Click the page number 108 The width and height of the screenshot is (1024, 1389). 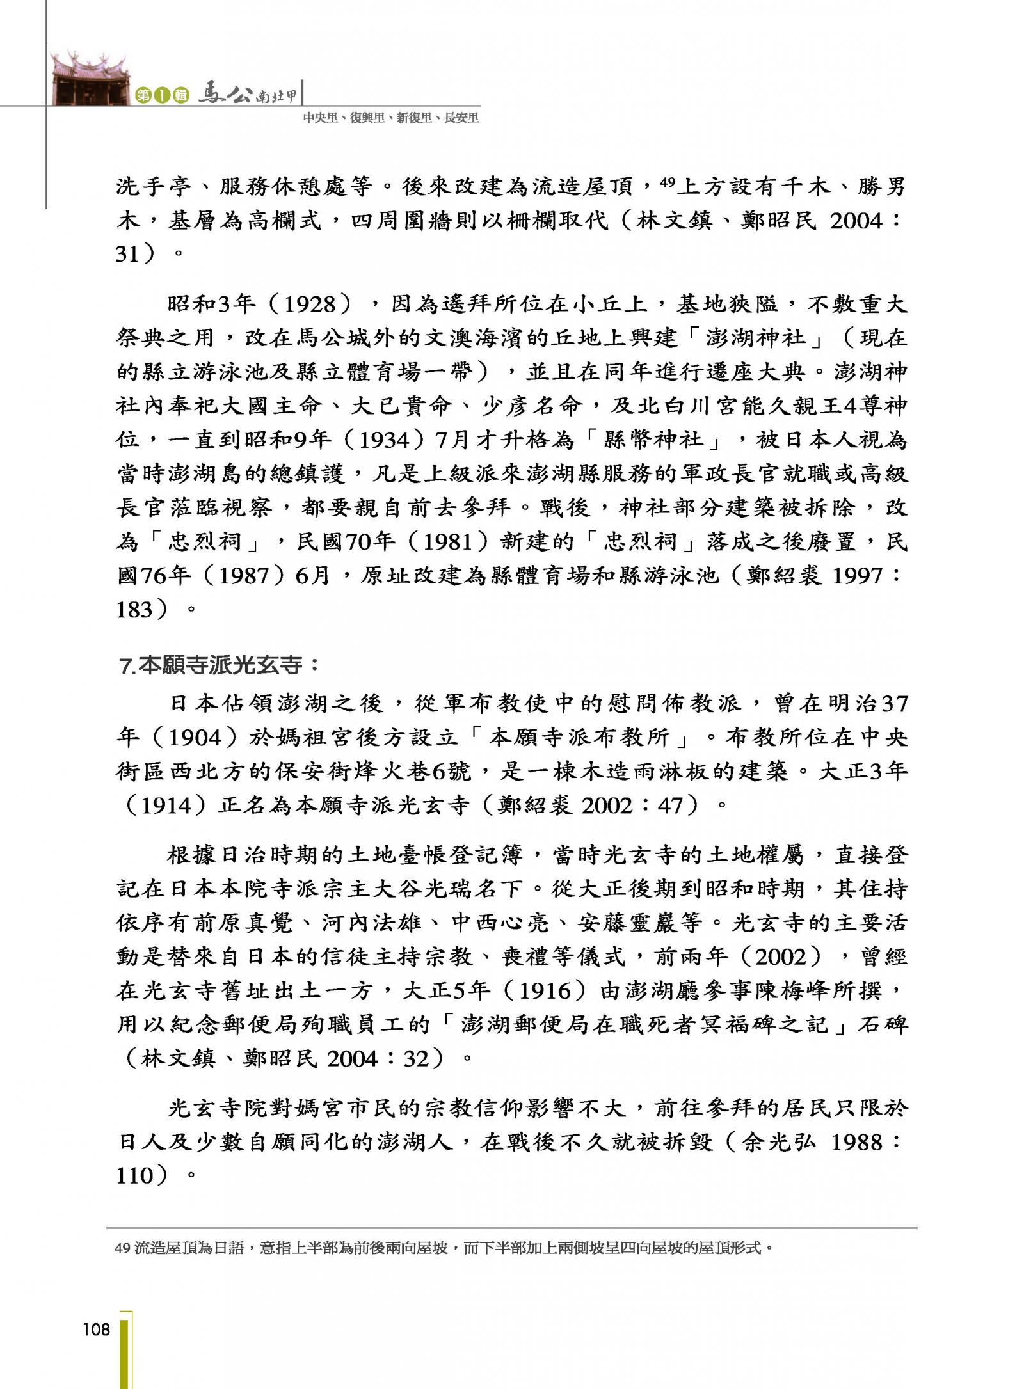click(96, 1329)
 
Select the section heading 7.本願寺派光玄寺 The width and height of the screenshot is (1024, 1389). click(219, 665)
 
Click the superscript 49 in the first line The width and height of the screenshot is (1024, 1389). click(667, 182)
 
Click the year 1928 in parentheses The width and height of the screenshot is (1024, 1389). click(310, 303)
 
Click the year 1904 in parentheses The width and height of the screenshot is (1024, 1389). click(195, 738)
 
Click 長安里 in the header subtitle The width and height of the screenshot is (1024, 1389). click(461, 118)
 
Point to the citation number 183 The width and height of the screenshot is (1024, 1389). click(134, 610)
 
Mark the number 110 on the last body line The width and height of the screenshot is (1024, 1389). click(134, 1175)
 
